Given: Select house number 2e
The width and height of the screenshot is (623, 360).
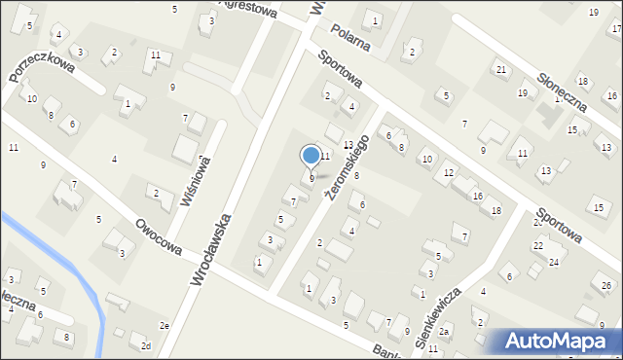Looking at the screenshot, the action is coord(165,325).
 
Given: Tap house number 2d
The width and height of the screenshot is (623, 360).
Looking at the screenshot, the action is coord(146,346).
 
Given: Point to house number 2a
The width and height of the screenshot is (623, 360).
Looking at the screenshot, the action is coord(445,333).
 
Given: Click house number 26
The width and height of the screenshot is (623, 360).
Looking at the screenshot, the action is coord(606,285).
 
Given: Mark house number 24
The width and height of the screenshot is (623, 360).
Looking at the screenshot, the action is coord(553,263).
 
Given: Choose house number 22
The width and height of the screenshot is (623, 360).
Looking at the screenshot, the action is coord(537,246).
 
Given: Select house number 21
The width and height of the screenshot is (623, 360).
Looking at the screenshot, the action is coord(500,70).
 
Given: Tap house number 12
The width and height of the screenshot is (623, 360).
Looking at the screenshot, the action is coord(448,173).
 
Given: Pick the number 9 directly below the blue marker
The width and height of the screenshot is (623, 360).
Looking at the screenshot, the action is coord(311,179).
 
